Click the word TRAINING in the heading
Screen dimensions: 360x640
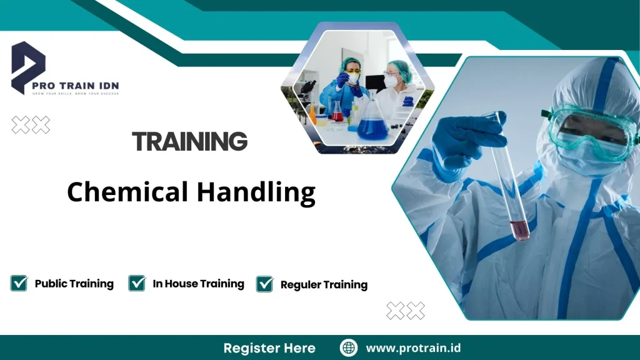pyautogui.click(x=190, y=142)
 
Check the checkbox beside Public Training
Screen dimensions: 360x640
pyautogui.click(x=19, y=283)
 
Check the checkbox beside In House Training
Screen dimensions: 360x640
pyautogui.click(x=137, y=283)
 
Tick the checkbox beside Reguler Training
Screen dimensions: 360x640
pyautogui.click(x=265, y=284)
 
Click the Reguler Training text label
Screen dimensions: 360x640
pyautogui.click(x=324, y=284)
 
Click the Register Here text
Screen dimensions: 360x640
pyautogui.click(x=269, y=347)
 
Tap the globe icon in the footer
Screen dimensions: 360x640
pyautogui.click(x=348, y=347)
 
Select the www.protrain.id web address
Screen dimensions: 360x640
pyautogui.click(x=412, y=347)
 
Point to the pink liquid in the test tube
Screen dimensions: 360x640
pyautogui.click(x=519, y=229)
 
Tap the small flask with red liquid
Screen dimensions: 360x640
pyautogui.click(x=337, y=112)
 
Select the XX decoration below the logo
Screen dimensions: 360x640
pyautogui.click(x=31, y=125)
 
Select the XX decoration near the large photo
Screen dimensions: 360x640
pyautogui.click(x=405, y=310)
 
